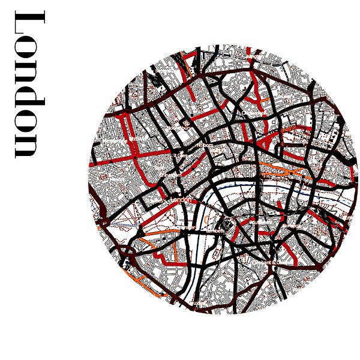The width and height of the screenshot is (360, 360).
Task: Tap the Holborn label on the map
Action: tap(205, 145)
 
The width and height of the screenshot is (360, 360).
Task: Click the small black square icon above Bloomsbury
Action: tap(187, 122)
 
